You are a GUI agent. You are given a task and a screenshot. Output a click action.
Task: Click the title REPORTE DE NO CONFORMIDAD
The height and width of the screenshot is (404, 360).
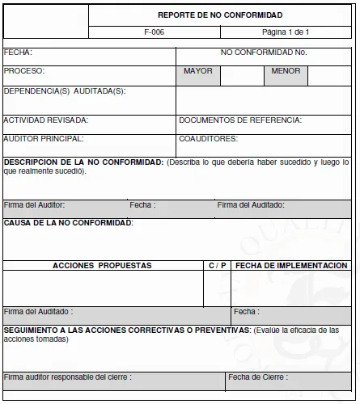pos(219,15)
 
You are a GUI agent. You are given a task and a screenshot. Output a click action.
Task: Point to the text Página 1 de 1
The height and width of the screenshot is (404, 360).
pos(286,32)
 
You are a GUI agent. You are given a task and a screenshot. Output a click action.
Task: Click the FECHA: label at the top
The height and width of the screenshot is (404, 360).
pos(18,53)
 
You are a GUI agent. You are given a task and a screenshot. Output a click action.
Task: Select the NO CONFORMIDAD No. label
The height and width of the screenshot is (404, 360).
pos(263,53)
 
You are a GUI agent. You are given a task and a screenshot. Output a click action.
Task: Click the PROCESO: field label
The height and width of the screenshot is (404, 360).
pos(24,71)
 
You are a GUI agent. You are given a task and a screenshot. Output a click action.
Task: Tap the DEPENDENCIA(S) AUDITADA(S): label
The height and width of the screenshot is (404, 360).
pos(65,90)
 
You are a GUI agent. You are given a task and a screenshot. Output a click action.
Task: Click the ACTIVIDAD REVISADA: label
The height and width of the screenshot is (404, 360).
pos(46,120)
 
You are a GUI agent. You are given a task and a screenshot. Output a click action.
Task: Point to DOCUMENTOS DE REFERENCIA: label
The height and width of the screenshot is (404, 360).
pos(240,120)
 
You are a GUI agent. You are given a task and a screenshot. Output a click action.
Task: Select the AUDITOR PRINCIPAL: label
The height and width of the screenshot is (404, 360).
pos(44,139)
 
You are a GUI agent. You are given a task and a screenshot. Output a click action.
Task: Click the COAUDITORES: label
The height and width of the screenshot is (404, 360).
pos(208,139)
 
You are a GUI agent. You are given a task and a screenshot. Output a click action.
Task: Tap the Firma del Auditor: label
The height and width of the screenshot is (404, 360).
pos(34,205)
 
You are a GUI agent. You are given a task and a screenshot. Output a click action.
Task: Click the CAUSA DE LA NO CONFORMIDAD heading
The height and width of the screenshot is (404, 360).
pos(68,222)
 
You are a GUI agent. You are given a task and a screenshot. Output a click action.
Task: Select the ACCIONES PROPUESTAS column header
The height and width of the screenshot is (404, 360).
pos(102,265)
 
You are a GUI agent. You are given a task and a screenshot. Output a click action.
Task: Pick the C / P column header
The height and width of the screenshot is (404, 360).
pos(217,265)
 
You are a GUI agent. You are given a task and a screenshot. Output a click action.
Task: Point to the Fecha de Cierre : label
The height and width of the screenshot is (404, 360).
pos(256,377)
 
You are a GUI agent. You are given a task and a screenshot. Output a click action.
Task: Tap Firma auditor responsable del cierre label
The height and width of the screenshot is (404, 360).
pos(68,377)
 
